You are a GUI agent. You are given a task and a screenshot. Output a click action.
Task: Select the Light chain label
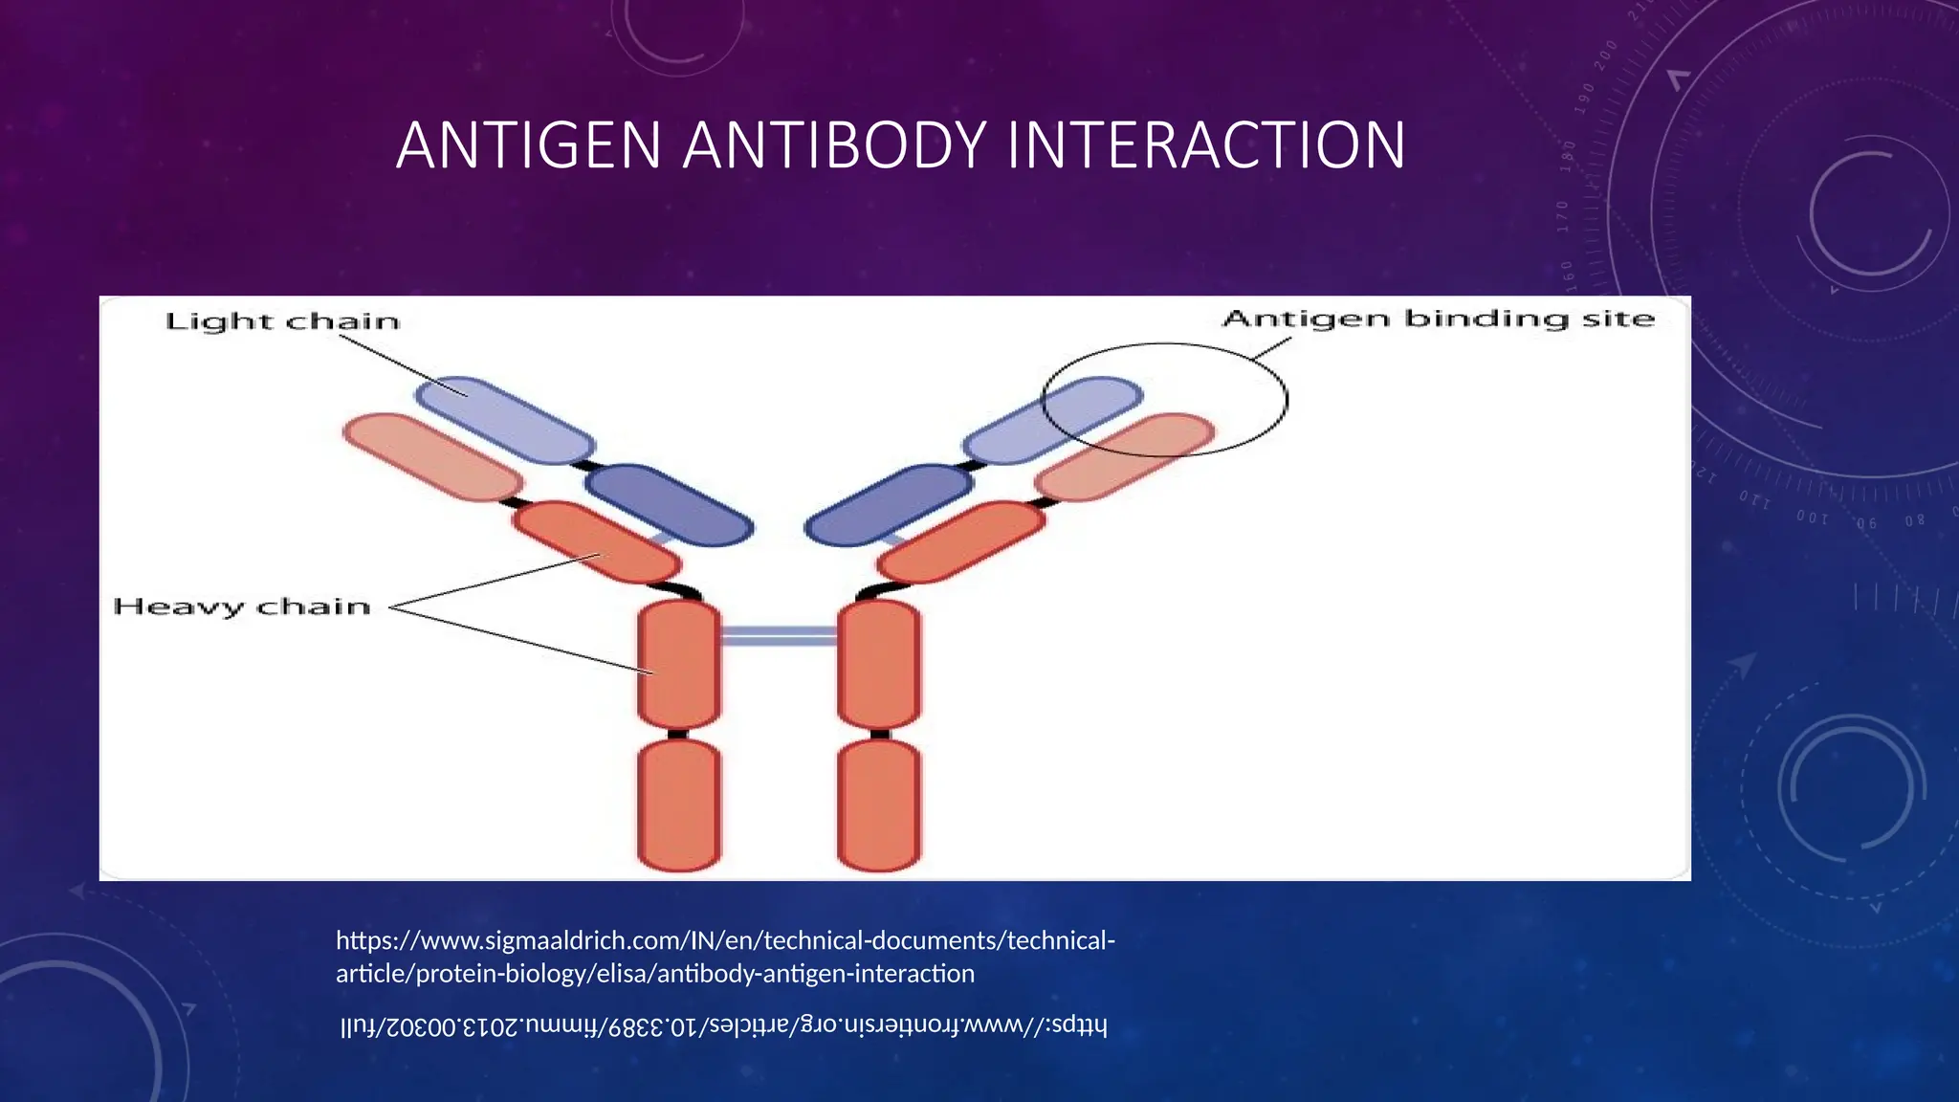(282, 321)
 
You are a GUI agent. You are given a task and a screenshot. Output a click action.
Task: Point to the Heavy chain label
(241, 606)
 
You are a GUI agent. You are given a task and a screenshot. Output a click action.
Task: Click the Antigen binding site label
(1438, 319)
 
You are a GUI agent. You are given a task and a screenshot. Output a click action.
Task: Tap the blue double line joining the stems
(778, 636)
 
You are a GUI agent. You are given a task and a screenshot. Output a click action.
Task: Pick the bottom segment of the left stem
(678, 804)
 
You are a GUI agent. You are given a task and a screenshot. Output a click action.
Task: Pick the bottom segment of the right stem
(879, 804)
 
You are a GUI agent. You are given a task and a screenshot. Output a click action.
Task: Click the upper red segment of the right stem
(879, 664)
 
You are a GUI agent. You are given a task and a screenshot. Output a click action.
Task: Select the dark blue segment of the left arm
(669, 505)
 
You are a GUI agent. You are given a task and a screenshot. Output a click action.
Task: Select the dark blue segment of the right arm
(889, 505)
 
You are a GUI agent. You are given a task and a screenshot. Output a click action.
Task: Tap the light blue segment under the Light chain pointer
(505, 421)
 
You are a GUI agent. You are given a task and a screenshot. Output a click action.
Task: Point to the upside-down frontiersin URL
(723, 1027)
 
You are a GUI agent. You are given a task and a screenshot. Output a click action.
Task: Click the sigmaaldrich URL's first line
(725, 941)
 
